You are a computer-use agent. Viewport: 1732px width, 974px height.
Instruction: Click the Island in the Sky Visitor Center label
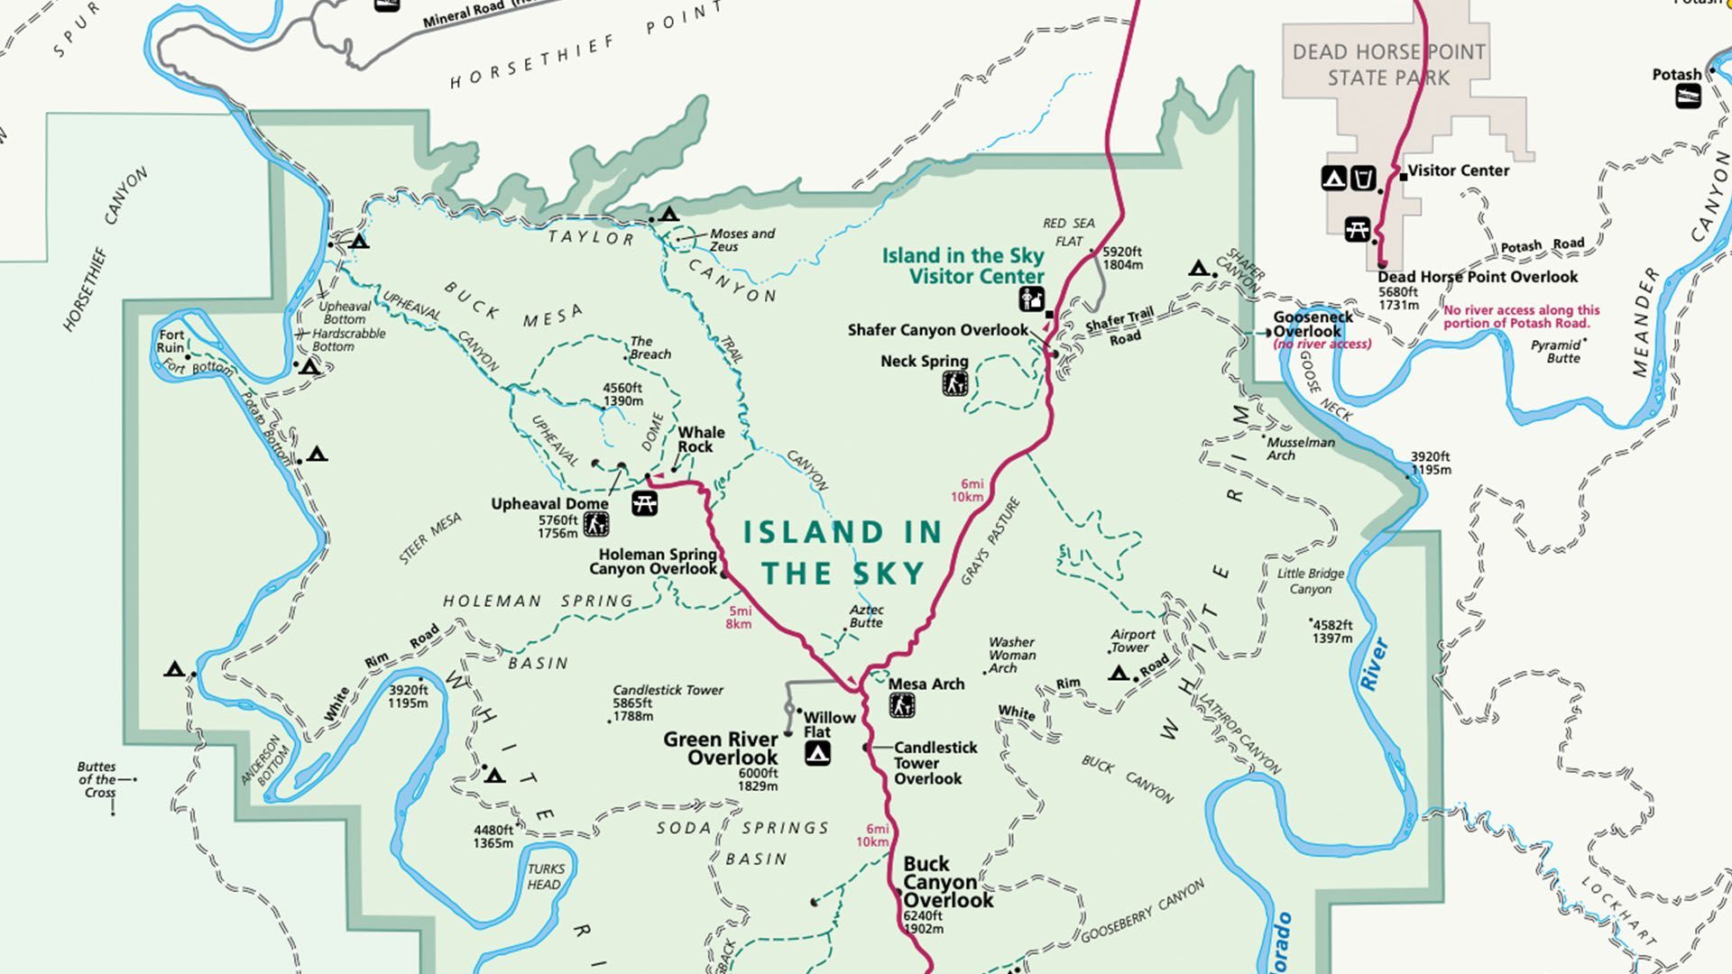pyautogui.click(x=963, y=266)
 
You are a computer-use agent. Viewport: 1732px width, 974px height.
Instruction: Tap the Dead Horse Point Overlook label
pyautogui.click(x=1478, y=277)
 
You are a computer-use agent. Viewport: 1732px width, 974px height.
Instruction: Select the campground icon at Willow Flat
pyautogui.click(x=817, y=753)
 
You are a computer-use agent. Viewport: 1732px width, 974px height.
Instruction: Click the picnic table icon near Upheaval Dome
pyautogui.click(x=644, y=503)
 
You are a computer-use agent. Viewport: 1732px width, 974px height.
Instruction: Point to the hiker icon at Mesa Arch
pyautogui.click(x=901, y=705)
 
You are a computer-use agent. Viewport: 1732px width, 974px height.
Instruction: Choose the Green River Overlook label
pyautogui.click(x=721, y=749)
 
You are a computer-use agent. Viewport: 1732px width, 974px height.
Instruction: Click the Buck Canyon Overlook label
pyautogui.click(x=947, y=882)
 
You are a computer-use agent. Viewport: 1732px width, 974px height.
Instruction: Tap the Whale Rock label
pyautogui.click(x=701, y=439)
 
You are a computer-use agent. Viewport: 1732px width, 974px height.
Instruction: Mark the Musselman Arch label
pyautogui.click(x=1300, y=448)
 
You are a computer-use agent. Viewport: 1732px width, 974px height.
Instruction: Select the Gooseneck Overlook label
pyautogui.click(x=1313, y=324)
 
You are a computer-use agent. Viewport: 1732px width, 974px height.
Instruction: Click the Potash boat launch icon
pyautogui.click(x=1688, y=96)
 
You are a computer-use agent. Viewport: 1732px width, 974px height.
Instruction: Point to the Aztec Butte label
pyautogui.click(x=866, y=616)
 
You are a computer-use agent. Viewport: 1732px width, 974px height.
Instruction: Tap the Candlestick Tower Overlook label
pyautogui.click(x=935, y=763)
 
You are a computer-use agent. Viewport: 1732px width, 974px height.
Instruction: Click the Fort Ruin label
pyautogui.click(x=170, y=341)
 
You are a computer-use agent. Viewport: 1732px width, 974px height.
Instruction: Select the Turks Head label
pyautogui.click(x=545, y=877)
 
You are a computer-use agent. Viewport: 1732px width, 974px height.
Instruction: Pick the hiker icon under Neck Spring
pyautogui.click(x=954, y=384)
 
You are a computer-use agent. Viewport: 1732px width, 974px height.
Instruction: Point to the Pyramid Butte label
pyautogui.click(x=1558, y=351)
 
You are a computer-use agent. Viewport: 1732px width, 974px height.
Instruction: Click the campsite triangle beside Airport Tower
pyautogui.click(x=1119, y=674)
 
